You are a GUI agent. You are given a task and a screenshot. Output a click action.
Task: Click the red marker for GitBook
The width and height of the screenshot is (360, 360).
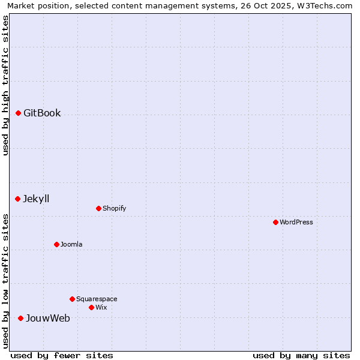(x=18, y=113)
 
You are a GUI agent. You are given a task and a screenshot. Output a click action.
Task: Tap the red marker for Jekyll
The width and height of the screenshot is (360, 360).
(x=17, y=199)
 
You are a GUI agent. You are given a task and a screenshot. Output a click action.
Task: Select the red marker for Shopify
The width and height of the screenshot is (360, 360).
(x=98, y=208)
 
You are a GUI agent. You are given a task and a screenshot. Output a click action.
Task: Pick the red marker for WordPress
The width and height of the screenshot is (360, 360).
(x=275, y=222)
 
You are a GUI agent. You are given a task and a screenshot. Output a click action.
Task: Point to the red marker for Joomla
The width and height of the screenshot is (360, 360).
(x=56, y=244)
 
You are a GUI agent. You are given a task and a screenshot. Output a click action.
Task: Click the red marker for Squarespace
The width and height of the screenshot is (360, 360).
(x=72, y=299)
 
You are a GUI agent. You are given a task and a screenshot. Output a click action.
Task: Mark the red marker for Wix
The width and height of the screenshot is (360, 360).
(x=91, y=307)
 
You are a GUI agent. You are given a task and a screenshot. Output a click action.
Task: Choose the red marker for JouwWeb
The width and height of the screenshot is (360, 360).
(x=20, y=318)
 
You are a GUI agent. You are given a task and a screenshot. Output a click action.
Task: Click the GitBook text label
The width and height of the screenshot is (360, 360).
(x=42, y=113)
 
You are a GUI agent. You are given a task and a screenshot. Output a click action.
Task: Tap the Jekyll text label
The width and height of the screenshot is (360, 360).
(x=36, y=199)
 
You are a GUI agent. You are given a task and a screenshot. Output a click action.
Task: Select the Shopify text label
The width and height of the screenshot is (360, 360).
(x=114, y=208)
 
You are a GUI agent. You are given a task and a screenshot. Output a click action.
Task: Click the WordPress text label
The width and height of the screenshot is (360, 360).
(x=296, y=222)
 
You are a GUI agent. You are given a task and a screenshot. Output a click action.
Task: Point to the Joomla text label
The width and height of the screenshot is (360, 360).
(x=71, y=244)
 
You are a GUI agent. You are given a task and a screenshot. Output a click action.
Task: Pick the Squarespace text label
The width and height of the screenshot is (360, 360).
(x=97, y=299)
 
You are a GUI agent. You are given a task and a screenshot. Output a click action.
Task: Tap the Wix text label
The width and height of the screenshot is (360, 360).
(x=101, y=307)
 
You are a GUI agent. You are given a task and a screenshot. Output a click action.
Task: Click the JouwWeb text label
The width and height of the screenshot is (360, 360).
(x=47, y=318)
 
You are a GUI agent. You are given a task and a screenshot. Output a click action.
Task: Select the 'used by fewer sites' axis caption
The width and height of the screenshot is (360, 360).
(x=62, y=355)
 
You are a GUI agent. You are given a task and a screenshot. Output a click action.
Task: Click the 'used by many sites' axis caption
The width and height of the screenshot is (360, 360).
(x=301, y=355)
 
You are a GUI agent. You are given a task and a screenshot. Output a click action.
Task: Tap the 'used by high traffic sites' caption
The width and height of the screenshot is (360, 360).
(x=5, y=85)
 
